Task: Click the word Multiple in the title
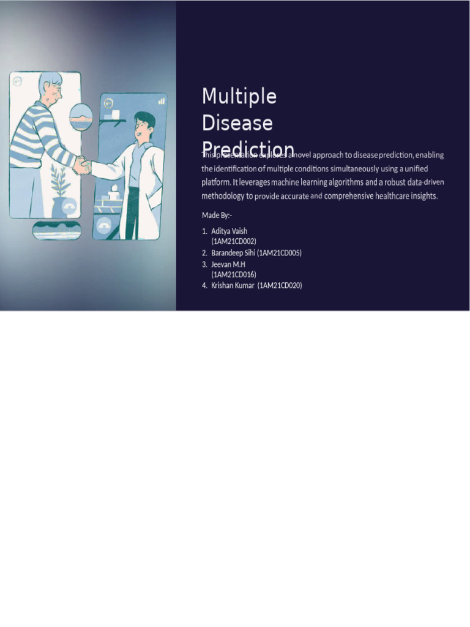[239, 97]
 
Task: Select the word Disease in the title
[237, 124]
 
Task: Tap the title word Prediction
[248, 149]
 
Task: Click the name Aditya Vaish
[229, 231]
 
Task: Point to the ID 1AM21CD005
[280, 253]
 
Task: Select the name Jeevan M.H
[228, 264]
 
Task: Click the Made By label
[217, 215]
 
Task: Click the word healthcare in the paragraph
[381, 196]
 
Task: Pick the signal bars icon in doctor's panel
[162, 100]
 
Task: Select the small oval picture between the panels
[81, 118]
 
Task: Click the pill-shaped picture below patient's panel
[56, 231]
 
